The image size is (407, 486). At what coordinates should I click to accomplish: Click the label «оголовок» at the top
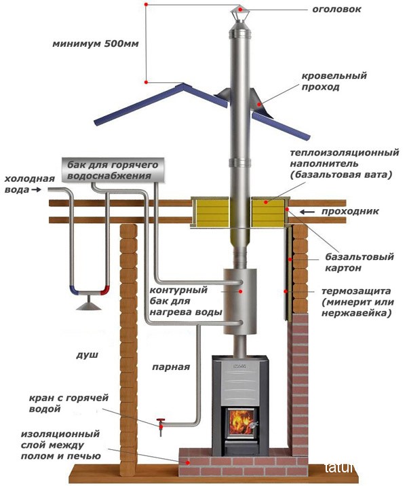(336, 10)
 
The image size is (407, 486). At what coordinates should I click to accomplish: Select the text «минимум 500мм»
(96, 43)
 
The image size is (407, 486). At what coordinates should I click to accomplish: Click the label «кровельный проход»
(334, 81)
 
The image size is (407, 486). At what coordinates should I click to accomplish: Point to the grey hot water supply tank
(113, 170)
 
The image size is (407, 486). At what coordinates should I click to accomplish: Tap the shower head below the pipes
(89, 305)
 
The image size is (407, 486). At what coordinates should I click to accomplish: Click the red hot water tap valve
(161, 425)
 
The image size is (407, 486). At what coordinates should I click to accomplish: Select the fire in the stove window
(240, 422)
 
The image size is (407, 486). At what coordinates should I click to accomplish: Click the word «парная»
(171, 367)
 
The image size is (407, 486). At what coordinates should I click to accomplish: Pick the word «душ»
(87, 354)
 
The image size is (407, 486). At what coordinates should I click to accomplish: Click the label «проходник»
(350, 211)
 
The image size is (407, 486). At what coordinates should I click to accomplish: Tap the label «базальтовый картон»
(359, 262)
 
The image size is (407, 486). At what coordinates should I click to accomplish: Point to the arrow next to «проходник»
(307, 212)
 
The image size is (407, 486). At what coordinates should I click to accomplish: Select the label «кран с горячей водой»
(69, 403)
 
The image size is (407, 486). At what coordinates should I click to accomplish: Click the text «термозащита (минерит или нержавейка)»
(357, 302)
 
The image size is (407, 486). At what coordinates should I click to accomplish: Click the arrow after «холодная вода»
(37, 189)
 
